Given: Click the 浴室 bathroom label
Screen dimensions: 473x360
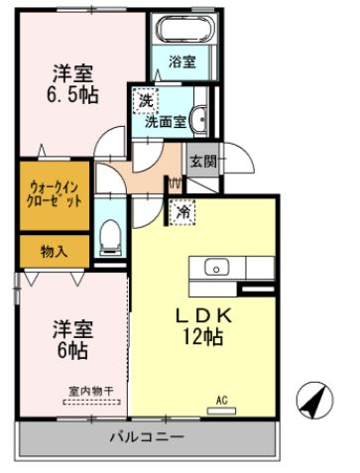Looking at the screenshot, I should tap(181, 61).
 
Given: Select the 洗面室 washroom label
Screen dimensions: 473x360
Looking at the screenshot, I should tap(167, 122).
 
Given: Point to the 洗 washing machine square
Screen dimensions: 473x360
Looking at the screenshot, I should tap(145, 100).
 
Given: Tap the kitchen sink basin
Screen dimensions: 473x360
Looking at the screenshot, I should tap(216, 267).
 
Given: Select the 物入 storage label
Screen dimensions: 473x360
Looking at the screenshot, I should tap(54, 252).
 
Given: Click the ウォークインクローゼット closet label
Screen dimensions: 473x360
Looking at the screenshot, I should tap(55, 192).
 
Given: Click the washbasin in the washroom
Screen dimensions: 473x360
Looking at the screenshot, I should tap(197, 117).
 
